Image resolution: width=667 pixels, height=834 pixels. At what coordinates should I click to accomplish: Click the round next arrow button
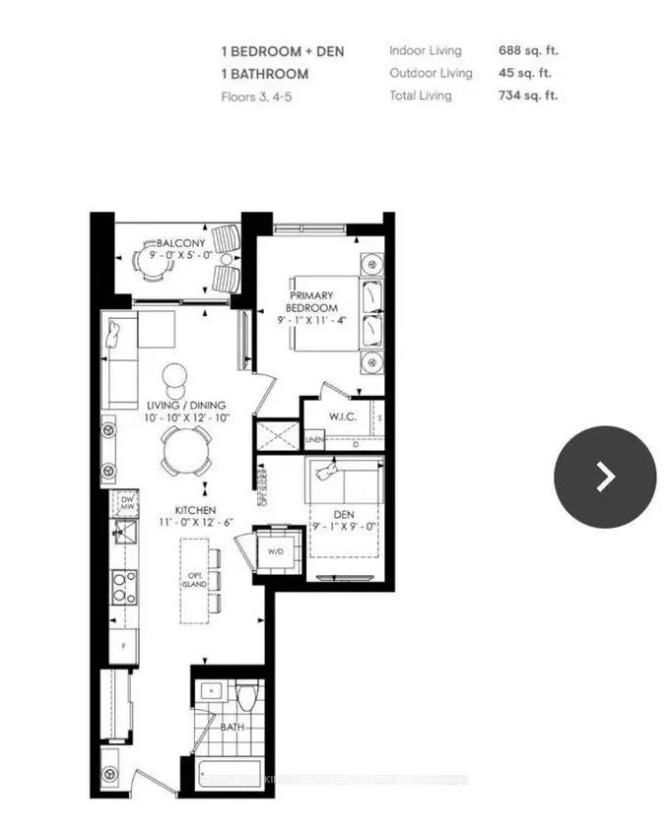click(605, 477)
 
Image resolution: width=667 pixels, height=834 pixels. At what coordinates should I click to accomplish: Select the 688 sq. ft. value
click(534, 50)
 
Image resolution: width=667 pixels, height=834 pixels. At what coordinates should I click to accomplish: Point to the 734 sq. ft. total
click(534, 96)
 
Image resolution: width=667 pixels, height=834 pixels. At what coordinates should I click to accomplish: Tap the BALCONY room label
click(179, 243)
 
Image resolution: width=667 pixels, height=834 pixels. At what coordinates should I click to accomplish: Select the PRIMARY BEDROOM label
click(310, 301)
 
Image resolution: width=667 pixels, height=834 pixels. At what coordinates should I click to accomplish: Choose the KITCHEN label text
click(196, 509)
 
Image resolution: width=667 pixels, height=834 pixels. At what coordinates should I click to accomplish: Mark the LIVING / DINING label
click(186, 405)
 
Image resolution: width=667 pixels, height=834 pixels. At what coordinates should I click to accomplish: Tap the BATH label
click(233, 728)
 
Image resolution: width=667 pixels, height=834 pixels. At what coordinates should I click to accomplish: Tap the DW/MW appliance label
click(125, 503)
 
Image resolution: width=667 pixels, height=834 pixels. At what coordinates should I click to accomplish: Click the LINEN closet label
click(314, 440)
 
